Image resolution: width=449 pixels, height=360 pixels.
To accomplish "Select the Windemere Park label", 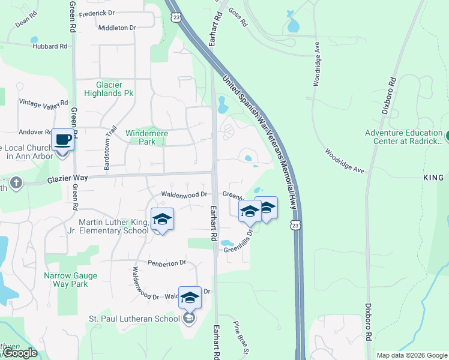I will click(x=146, y=137).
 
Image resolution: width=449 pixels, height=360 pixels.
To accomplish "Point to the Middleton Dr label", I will click(x=117, y=28).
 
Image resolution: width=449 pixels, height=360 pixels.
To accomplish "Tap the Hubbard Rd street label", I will click(x=50, y=46).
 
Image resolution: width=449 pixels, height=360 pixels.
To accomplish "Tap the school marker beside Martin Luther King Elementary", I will click(x=162, y=220).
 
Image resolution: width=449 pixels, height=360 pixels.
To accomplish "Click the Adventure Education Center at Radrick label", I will click(x=403, y=137).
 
